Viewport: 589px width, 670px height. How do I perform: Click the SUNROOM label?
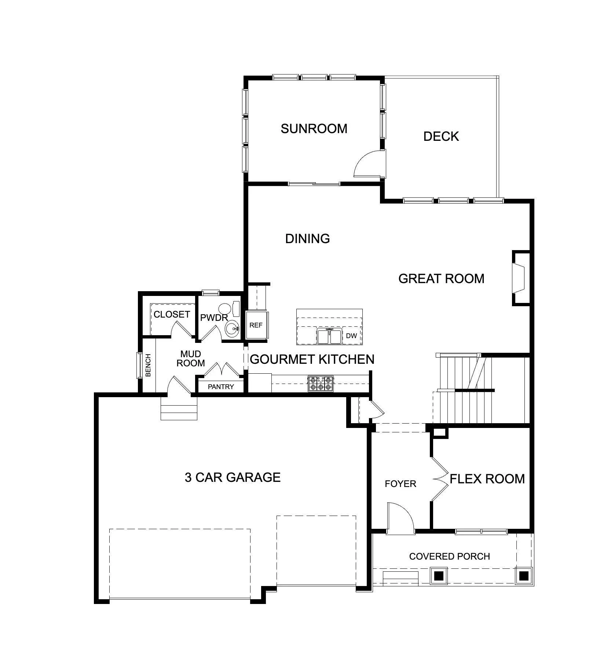click(x=314, y=129)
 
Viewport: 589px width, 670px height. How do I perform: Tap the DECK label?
click(x=441, y=136)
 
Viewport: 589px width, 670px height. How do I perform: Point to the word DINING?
click(x=307, y=239)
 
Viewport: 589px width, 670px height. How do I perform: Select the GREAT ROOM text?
click(x=441, y=279)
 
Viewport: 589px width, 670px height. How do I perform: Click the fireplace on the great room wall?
click(x=521, y=278)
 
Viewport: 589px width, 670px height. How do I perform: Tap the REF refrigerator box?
click(x=256, y=325)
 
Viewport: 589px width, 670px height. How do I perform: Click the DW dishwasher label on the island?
click(x=351, y=336)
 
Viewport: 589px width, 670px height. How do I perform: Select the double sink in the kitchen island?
click(x=330, y=336)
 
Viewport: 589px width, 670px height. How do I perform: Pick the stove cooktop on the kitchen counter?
click(x=321, y=384)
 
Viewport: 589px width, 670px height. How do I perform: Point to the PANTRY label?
click(x=221, y=387)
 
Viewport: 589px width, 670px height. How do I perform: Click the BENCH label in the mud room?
click(x=148, y=365)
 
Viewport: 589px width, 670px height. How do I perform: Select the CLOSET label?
click(x=172, y=314)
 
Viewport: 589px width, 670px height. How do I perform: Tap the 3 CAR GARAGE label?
click(x=233, y=477)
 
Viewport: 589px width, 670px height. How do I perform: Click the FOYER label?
click(x=400, y=484)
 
